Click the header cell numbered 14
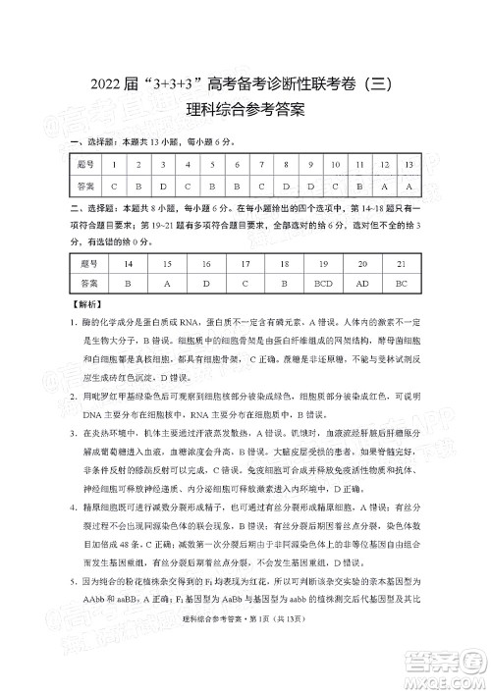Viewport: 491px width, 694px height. (129, 264)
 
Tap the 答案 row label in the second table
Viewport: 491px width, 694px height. (89, 283)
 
